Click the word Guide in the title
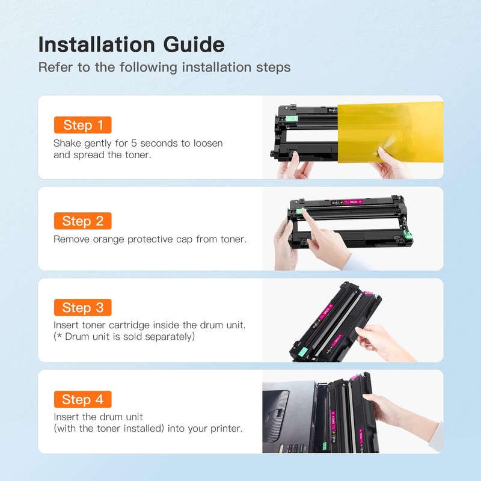194,44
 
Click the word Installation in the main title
96,44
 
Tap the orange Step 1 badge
82,125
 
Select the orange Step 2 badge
82,221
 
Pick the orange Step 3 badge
82,307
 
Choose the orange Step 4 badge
82,399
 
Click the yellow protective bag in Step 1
390,132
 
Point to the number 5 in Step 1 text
133,143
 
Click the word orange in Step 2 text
108,239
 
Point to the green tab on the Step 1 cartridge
292,118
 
